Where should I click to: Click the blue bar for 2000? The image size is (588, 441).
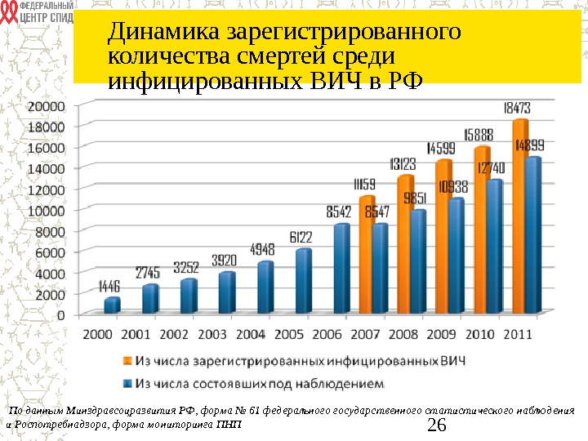click(x=112, y=305)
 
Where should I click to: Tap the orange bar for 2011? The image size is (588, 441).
click(x=520, y=217)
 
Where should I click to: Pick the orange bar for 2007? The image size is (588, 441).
click(x=367, y=255)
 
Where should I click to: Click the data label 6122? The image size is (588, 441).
click(x=300, y=237)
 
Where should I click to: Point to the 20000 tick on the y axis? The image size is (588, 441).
click(x=47, y=106)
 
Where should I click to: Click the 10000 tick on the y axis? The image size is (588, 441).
click(x=47, y=210)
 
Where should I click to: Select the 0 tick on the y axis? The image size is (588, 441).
click(x=61, y=314)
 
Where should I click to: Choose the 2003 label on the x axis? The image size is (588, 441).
click(x=212, y=333)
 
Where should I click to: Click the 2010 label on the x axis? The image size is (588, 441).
click(x=480, y=333)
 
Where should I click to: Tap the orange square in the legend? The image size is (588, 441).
click(x=127, y=359)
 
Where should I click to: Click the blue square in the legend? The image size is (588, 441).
click(x=127, y=381)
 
